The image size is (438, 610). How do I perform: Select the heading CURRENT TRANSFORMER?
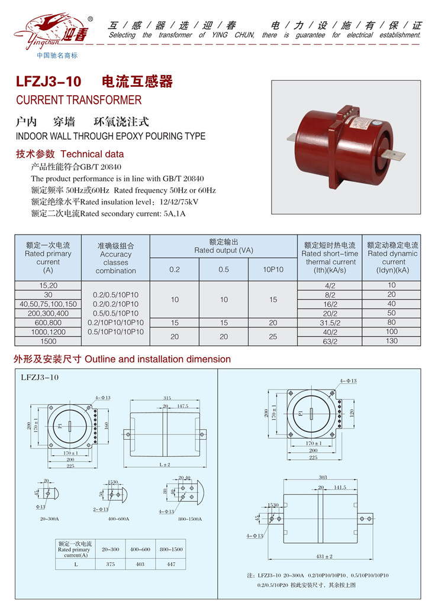coord(79,100)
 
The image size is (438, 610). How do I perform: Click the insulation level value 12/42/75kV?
coord(176,202)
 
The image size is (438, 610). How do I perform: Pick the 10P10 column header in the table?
coord(273,270)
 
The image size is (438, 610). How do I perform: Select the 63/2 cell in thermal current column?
coord(330,341)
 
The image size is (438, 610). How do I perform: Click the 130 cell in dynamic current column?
coord(391,341)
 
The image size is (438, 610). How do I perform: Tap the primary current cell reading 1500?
coord(48,341)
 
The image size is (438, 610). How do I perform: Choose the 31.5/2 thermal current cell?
coord(330,322)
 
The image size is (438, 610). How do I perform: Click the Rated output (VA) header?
coord(223,246)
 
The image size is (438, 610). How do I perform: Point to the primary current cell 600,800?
coord(48,322)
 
